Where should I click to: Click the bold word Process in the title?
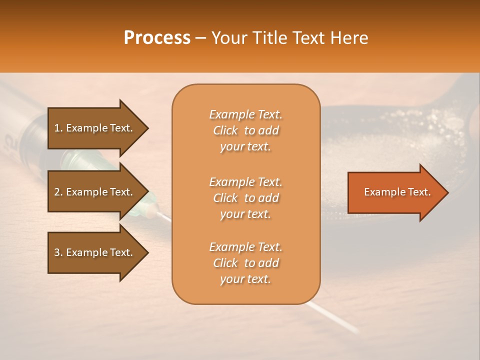coord(157,38)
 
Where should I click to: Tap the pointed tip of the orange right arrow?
coord(447,192)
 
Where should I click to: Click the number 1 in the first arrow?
coord(57,128)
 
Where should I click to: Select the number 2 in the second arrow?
coord(57,192)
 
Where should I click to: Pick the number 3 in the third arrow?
coord(57,252)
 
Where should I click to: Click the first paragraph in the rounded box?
coord(245,130)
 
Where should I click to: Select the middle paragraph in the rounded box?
coord(245,198)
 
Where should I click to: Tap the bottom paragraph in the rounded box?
coord(245,263)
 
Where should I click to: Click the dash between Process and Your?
coord(201,38)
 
